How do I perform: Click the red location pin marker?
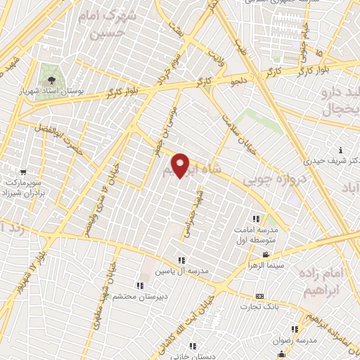click(x=181, y=165)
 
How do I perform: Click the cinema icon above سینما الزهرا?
click(x=266, y=254)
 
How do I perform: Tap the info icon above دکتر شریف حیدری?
click(x=340, y=149)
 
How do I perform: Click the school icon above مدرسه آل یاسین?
click(x=181, y=261)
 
